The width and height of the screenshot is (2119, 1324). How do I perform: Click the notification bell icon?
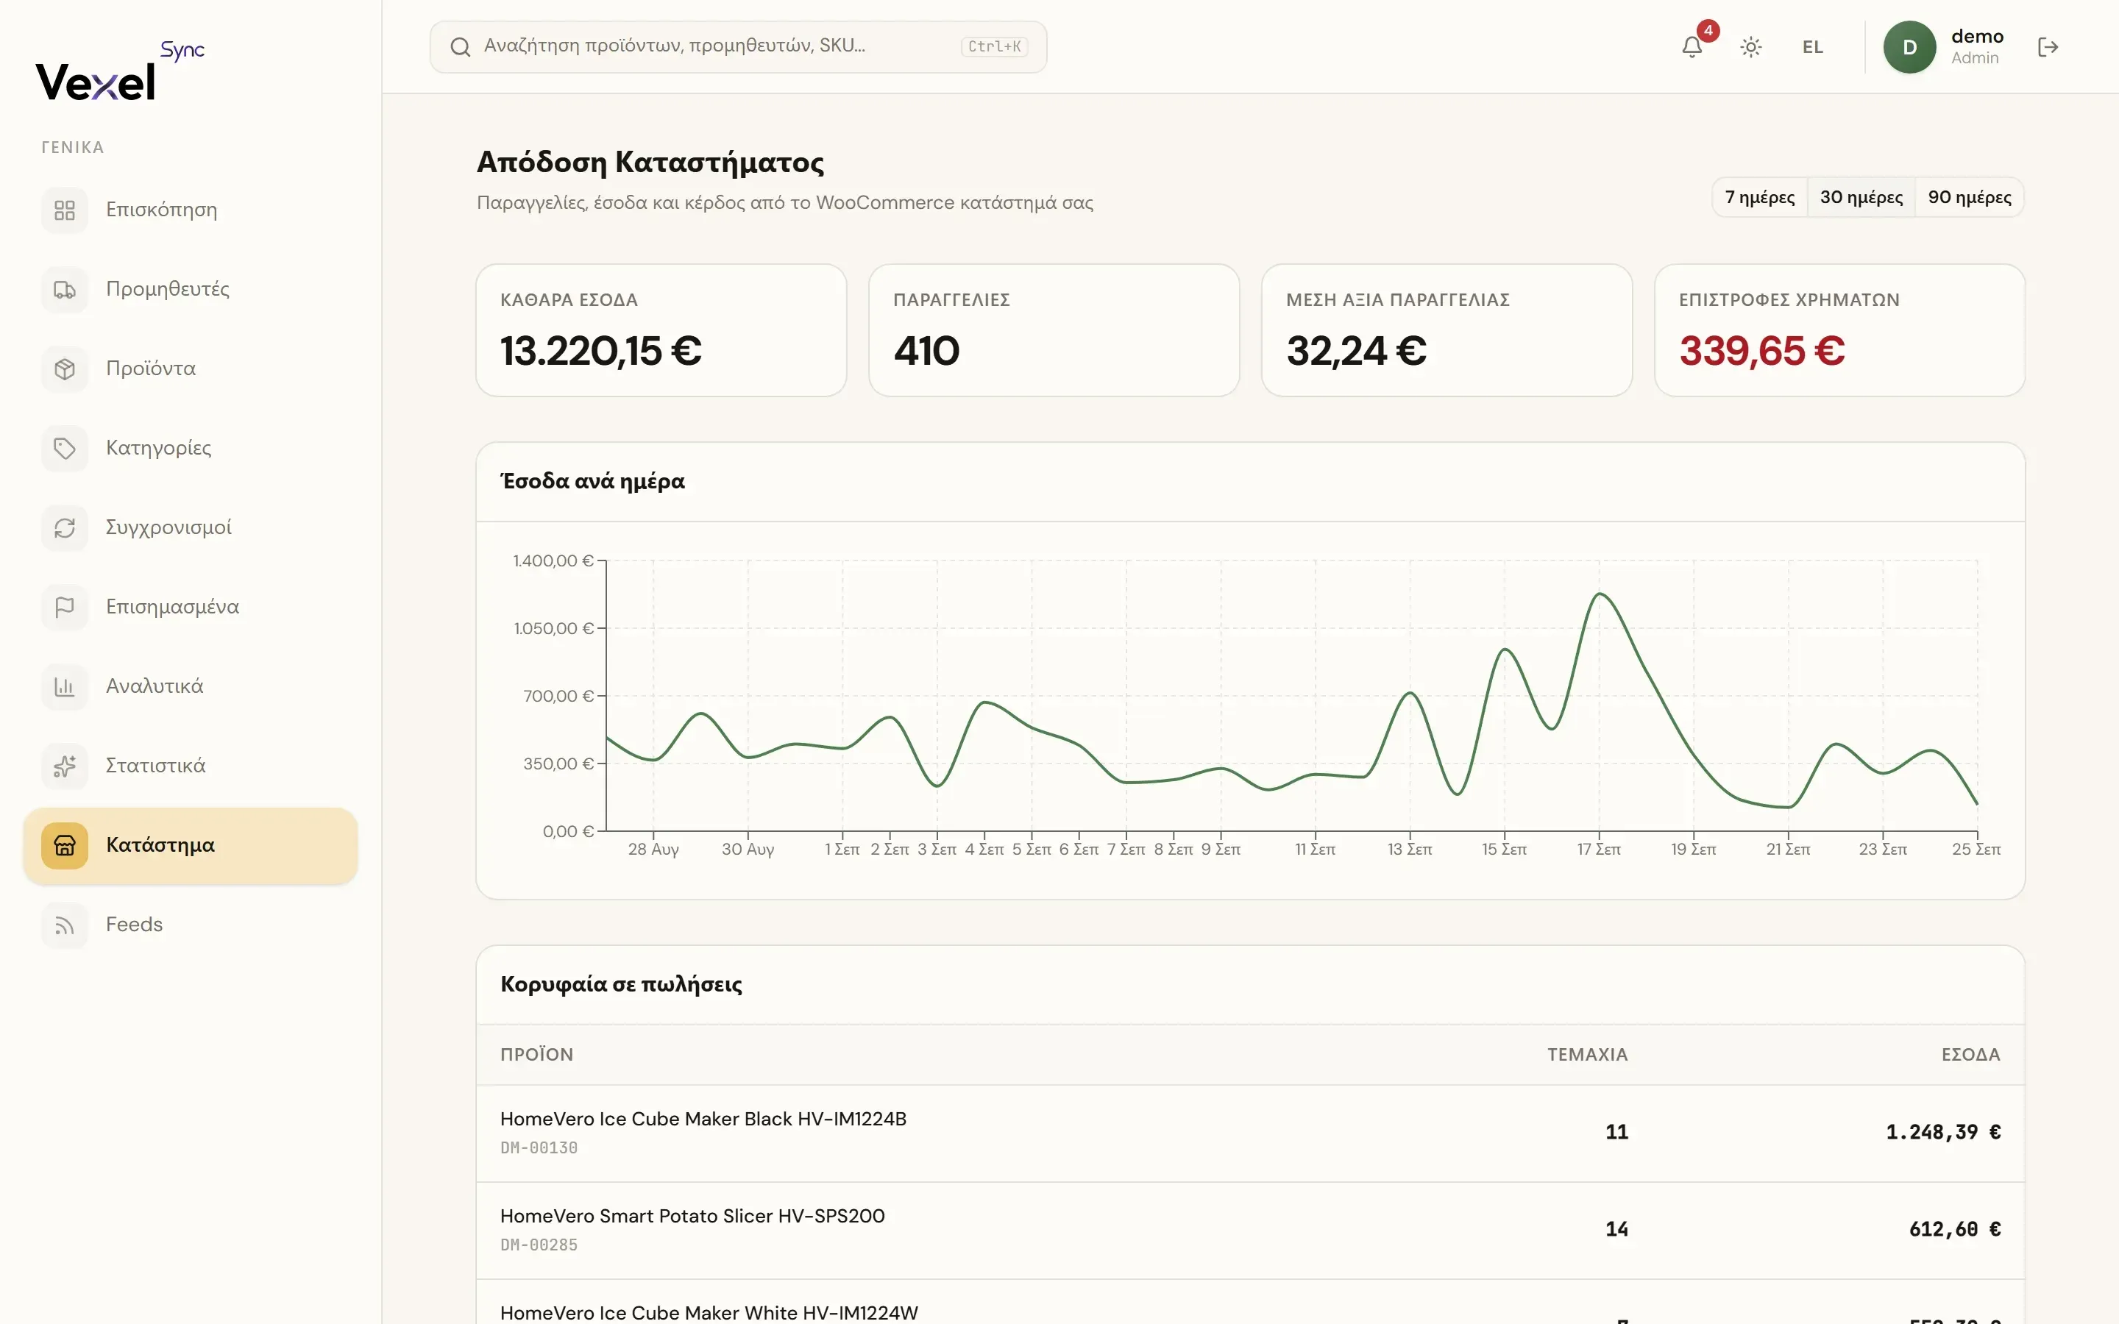tap(1692, 47)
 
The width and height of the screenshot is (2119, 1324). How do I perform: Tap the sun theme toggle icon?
tap(1750, 47)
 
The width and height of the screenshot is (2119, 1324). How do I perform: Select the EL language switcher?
tap(1812, 47)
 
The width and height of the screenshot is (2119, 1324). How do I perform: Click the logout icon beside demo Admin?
tap(2047, 47)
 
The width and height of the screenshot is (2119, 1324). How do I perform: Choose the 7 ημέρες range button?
tap(1759, 197)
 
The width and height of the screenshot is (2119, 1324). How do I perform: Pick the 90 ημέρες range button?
tap(1969, 197)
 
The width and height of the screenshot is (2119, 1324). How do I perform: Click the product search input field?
tap(738, 47)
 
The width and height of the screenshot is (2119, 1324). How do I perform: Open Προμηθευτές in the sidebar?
tap(167, 289)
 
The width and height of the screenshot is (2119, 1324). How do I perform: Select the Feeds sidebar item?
tap(134, 925)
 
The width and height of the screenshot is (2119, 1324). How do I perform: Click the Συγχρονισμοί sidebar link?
tap(168, 527)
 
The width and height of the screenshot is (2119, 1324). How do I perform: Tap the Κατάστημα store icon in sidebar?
tap(65, 846)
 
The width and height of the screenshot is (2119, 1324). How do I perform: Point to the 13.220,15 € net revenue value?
tap(600, 351)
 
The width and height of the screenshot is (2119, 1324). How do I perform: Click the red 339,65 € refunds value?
tap(1761, 351)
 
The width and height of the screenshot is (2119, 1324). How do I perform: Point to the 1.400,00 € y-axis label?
tap(553, 560)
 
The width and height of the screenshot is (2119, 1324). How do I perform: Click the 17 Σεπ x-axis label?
tap(1599, 850)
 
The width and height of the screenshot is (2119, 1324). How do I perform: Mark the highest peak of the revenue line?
tap(1600, 594)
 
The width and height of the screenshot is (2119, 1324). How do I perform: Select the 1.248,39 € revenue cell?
tap(1943, 1132)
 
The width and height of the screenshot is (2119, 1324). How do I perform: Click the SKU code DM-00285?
tap(539, 1245)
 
